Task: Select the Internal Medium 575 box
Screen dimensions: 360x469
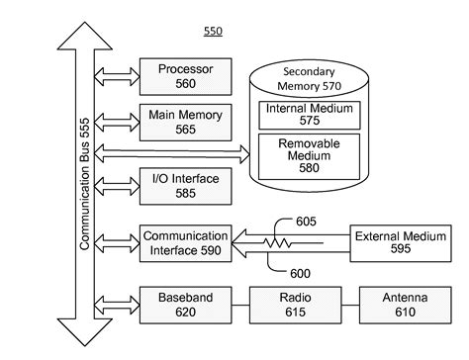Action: [307, 114]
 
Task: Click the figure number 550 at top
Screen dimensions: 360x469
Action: [213, 32]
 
